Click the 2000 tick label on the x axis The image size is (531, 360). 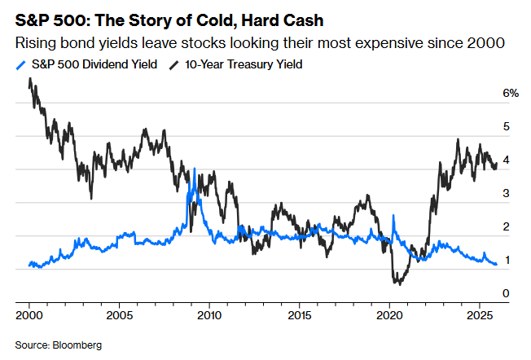29,314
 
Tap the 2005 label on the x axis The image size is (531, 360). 120,314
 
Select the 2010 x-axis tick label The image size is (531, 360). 210,314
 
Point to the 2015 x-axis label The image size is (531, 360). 300,314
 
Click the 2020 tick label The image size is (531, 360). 390,314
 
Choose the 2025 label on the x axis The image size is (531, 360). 480,314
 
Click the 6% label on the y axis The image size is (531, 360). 511,94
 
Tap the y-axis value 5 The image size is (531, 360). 507,127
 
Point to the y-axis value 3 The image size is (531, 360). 507,194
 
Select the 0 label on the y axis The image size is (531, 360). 507,293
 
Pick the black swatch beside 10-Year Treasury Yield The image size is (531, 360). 173,64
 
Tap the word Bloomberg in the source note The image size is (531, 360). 77,345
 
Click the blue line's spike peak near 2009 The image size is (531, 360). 194,169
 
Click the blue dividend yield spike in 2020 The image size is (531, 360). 393,216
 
